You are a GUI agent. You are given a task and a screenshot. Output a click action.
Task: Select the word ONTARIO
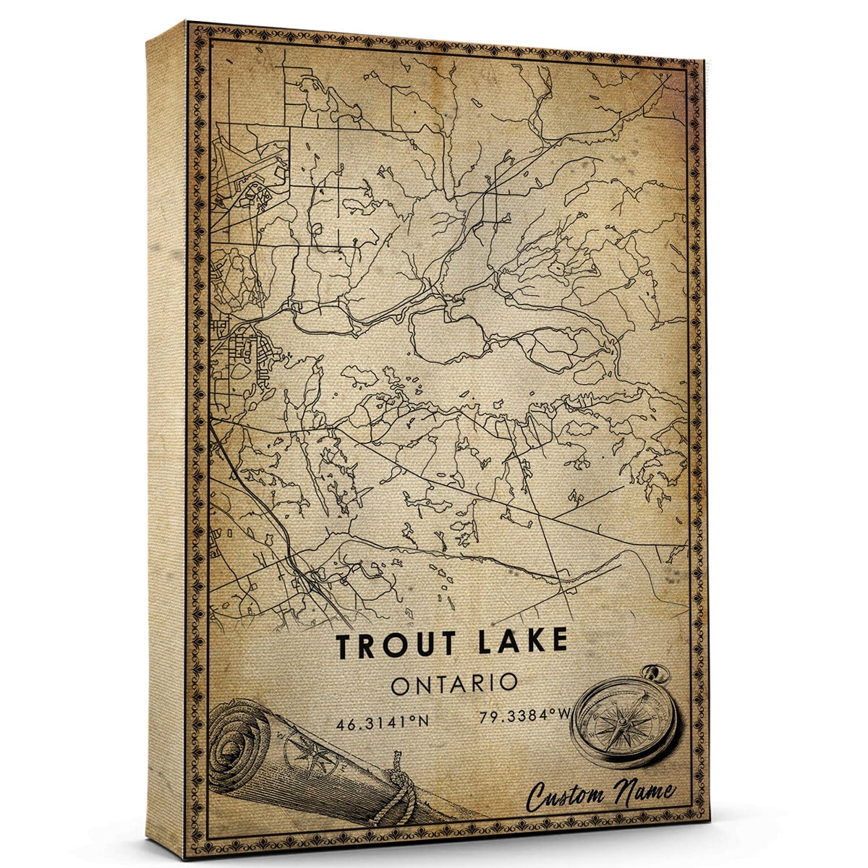454,684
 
